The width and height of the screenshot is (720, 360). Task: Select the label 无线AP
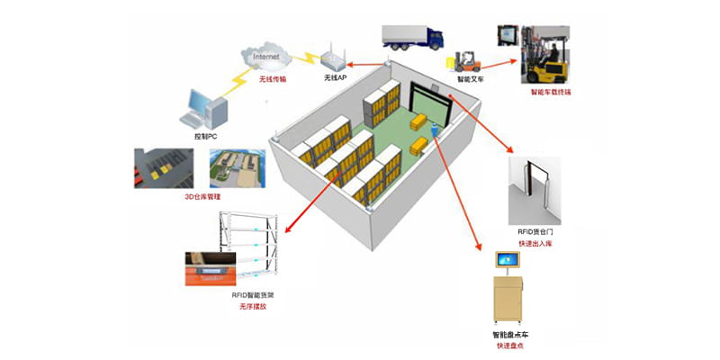(336, 79)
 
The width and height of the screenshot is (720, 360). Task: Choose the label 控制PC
(206, 136)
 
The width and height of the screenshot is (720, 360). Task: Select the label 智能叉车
(468, 79)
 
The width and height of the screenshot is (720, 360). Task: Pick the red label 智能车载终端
(552, 93)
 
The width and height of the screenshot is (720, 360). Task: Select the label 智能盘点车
(510, 334)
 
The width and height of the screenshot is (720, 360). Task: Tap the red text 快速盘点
(510, 346)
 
